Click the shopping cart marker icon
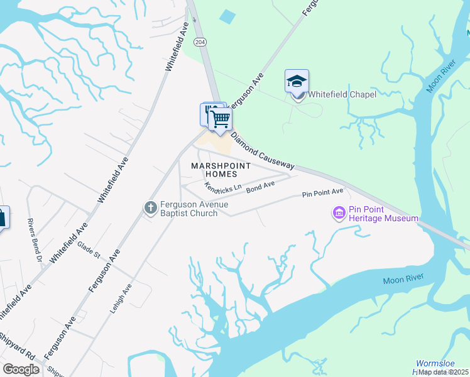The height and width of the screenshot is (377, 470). click(220, 118)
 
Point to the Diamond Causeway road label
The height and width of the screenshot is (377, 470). click(263, 151)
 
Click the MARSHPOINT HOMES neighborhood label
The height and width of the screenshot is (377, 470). click(221, 170)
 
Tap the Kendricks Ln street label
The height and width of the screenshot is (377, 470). click(223, 188)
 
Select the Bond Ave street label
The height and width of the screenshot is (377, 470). click(261, 187)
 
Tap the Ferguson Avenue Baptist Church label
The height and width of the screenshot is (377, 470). click(188, 209)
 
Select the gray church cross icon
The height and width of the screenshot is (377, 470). click(150, 207)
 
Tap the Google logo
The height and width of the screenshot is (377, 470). click(21, 369)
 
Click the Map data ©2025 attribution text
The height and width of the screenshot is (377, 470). click(444, 372)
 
